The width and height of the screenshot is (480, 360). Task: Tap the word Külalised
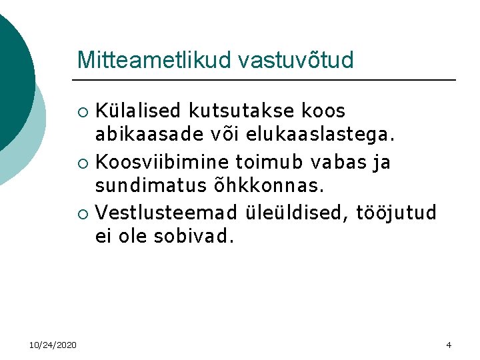point(138,110)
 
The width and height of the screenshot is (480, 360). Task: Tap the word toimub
point(263,162)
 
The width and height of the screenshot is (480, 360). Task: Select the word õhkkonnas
point(272,187)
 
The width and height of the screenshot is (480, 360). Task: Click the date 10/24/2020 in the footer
point(53,345)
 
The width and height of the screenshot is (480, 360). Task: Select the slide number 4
point(449,345)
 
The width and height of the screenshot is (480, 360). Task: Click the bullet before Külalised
point(83,111)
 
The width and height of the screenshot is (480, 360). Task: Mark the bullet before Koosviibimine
point(83,163)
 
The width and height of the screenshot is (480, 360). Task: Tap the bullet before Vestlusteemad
point(83,214)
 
